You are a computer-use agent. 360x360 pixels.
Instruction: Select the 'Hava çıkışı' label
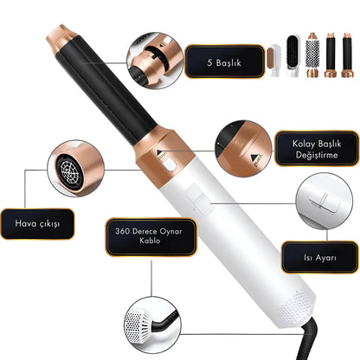click(35, 223)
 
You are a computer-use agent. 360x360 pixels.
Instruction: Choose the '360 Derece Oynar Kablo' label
click(145, 237)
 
